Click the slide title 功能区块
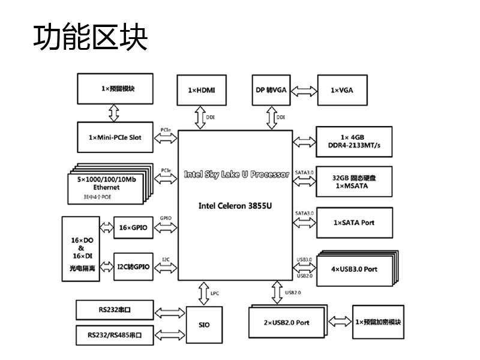pyautogui.click(x=90, y=37)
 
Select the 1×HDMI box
pyautogui.click(x=201, y=90)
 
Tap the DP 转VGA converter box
pyautogui.click(x=271, y=90)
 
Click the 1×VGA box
pyautogui.click(x=341, y=90)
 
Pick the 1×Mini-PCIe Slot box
pyautogui.click(x=115, y=138)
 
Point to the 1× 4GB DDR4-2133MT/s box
pyautogui.click(x=353, y=142)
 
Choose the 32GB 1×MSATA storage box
pyautogui.click(x=353, y=182)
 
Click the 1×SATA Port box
pyautogui.click(x=353, y=223)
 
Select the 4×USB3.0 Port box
pyautogui.click(x=354, y=269)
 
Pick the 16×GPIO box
pyautogui.click(x=133, y=228)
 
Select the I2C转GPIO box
pyautogui.click(x=133, y=266)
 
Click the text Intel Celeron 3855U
pyautogui.click(x=236, y=205)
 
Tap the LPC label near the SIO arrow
pyautogui.click(x=215, y=293)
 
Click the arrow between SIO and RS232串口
pyautogui.click(x=170, y=312)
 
